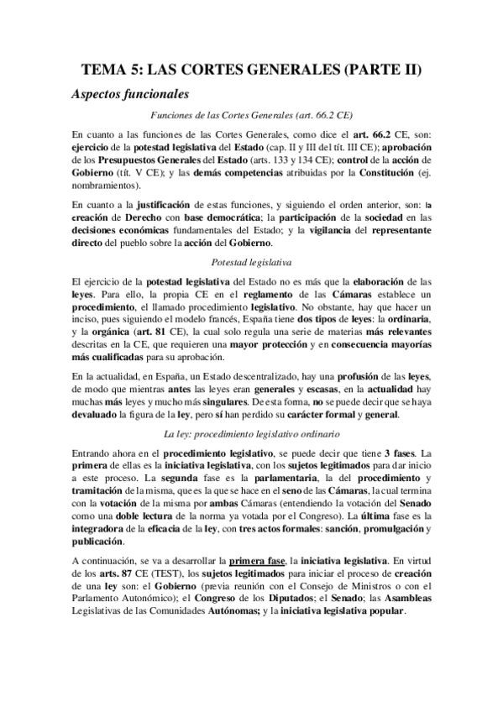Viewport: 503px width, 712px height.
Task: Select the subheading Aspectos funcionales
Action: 131,93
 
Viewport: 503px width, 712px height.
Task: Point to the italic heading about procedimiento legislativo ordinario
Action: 251,434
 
